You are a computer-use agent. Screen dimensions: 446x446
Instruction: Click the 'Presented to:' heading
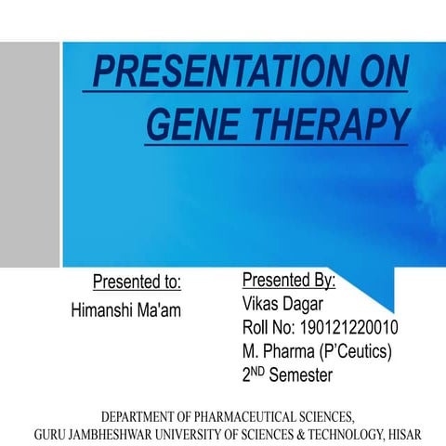click(x=137, y=282)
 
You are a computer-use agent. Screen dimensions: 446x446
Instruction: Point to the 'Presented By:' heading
click(x=289, y=280)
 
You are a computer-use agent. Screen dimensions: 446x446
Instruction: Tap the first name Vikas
click(x=261, y=305)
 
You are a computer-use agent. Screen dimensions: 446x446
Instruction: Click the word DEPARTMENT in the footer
click(x=145, y=415)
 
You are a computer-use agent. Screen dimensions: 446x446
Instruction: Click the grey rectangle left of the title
click(x=30, y=153)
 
